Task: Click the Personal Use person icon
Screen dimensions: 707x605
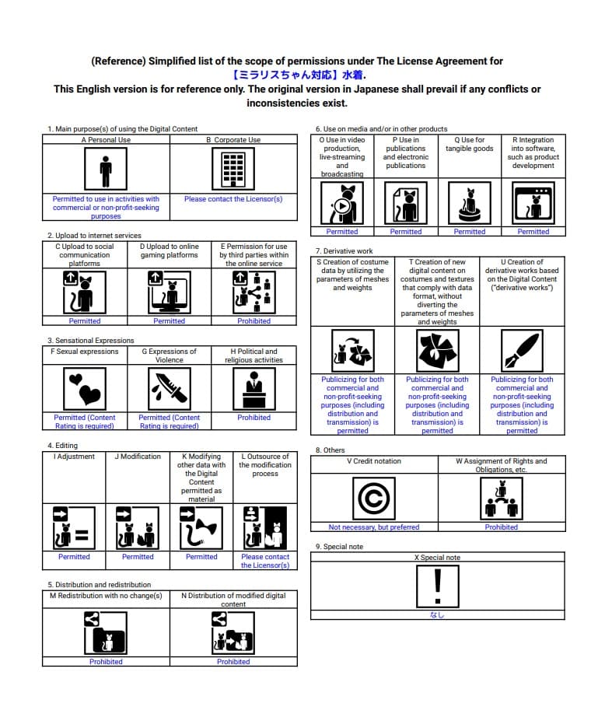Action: click(105, 168)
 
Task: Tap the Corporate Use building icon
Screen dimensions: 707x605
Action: click(233, 168)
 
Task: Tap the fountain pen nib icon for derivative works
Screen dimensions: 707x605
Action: click(522, 351)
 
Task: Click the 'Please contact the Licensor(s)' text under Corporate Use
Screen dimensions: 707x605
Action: click(233, 199)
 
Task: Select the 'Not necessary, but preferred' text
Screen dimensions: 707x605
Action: click(374, 527)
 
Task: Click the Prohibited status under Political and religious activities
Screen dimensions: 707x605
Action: click(254, 418)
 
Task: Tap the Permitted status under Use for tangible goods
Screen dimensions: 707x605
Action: click(470, 232)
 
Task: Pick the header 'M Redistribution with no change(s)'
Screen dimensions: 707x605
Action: click(106, 596)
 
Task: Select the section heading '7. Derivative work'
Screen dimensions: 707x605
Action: click(344, 251)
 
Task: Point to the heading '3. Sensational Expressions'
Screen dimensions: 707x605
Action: click(90, 341)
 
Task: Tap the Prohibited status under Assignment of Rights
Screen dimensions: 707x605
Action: click(502, 527)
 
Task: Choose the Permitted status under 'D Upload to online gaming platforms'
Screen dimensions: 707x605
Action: click(169, 321)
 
